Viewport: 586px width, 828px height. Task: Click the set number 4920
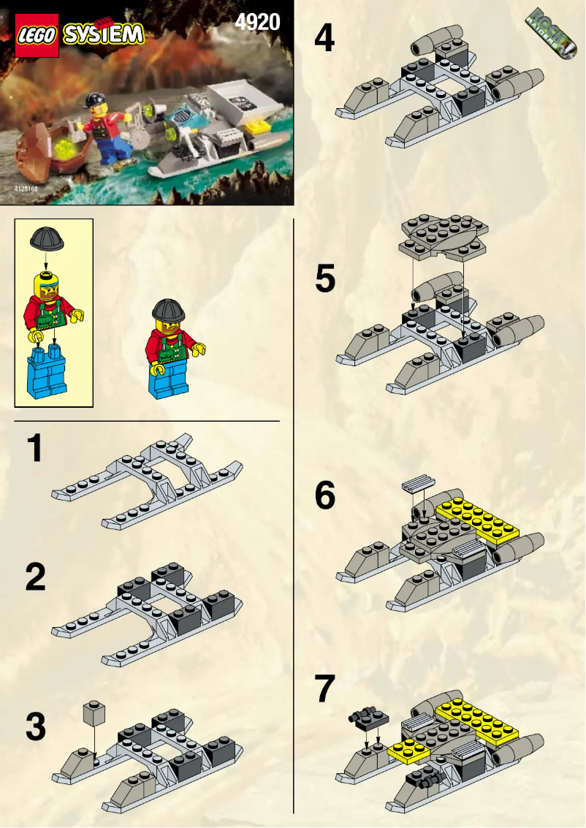[257, 22]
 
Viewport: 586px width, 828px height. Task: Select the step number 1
[34, 448]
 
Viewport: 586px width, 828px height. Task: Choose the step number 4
[324, 38]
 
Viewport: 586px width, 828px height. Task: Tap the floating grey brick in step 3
[94, 713]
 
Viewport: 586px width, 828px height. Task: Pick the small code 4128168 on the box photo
[25, 189]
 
